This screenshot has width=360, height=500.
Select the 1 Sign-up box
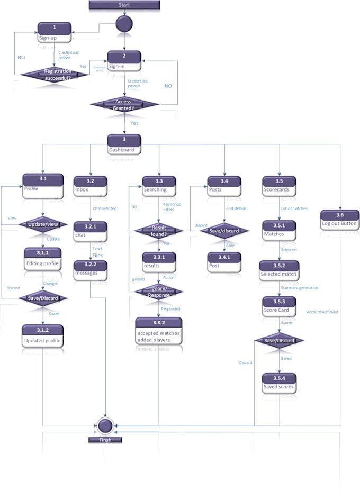point(54,33)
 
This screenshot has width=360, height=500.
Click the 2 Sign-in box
point(124,61)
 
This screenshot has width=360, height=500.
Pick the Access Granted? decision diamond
point(124,104)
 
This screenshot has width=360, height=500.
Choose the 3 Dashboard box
point(124,144)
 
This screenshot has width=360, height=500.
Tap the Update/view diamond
point(43,225)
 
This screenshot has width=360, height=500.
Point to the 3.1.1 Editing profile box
point(43,258)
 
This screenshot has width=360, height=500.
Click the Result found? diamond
point(159,230)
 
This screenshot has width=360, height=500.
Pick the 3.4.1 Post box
point(224,261)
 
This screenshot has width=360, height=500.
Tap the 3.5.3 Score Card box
point(280,306)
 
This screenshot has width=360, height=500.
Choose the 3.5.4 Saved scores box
point(280,383)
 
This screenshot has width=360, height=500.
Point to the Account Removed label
point(322,312)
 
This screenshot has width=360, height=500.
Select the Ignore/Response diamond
point(159,292)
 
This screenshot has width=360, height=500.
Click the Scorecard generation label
point(299,288)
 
